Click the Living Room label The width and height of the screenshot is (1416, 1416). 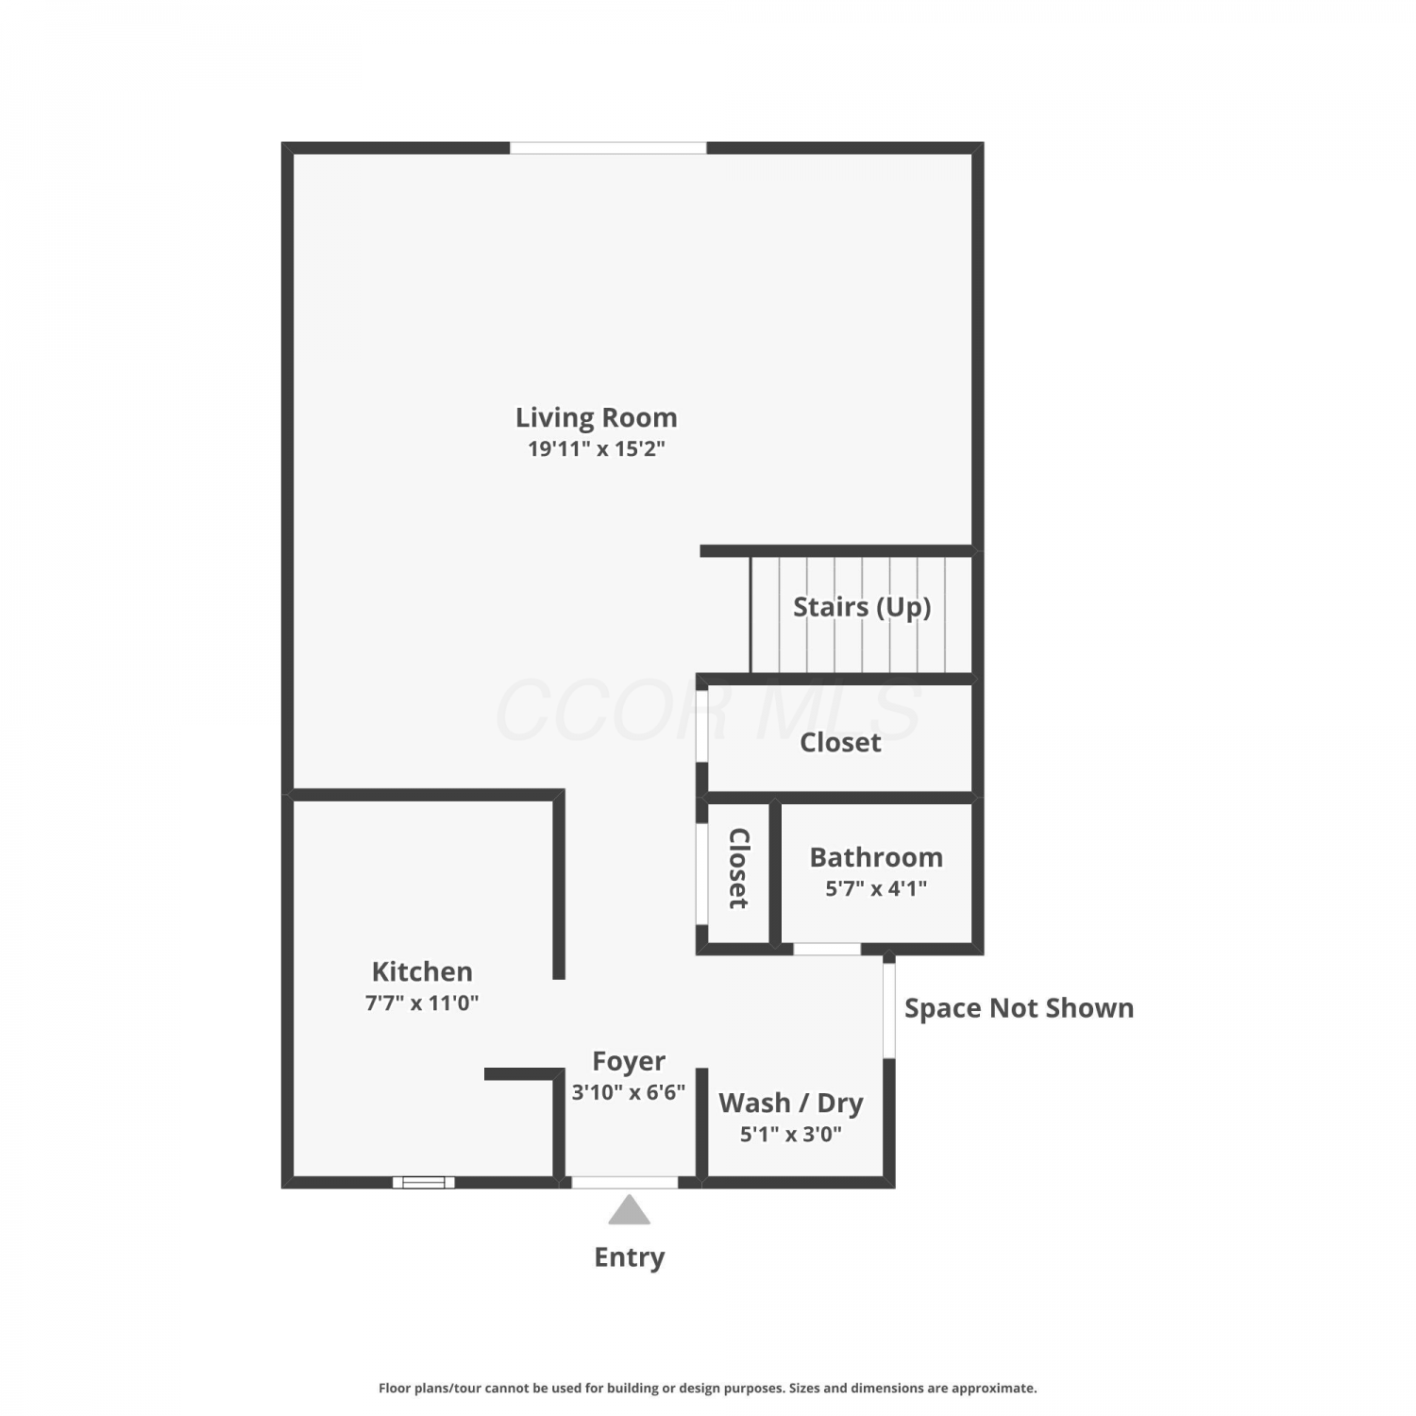pyautogui.click(x=596, y=417)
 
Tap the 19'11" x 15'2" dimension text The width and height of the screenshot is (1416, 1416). pyautogui.click(x=596, y=448)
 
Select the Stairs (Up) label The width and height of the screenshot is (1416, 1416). pyautogui.click(x=862, y=607)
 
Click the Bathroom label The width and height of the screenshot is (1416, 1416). pyautogui.click(x=876, y=857)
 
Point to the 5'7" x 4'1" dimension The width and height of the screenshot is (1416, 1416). pyautogui.click(x=876, y=888)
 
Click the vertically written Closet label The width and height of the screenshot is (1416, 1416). pyautogui.click(x=739, y=868)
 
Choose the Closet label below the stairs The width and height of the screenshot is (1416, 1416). pyautogui.click(x=840, y=743)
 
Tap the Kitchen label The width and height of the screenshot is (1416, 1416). pyautogui.click(x=422, y=971)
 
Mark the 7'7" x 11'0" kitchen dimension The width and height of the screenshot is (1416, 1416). pyautogui.click(x=422, y=1003)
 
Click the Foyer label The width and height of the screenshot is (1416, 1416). pyautogui.click(x=629, y=1062)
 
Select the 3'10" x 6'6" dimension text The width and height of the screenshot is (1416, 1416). pyautogui.click(x=629, y=1092)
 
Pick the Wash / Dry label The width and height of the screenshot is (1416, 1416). pyautogui.click(x=791, y=1104)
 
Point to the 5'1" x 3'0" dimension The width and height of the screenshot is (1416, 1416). pyautogui.click(x=791, y=1134)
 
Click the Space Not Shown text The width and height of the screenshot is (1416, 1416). pyautogui.click(x=1020, y=1008)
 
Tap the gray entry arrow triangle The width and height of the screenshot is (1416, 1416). pyautogui.click(x=629, y=1210)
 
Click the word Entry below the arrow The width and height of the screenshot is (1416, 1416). pyautogui.click(x=630, y=1257)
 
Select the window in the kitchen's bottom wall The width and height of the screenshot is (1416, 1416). pyautogui.click(x=424, y=1182)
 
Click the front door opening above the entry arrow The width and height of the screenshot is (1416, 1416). pyautogui.click(x=625, y=1182)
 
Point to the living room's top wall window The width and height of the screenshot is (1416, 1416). pyautogui.click(x=608, y=148)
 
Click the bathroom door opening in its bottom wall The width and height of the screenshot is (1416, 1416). pyautogui.click(x=827, y=949)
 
